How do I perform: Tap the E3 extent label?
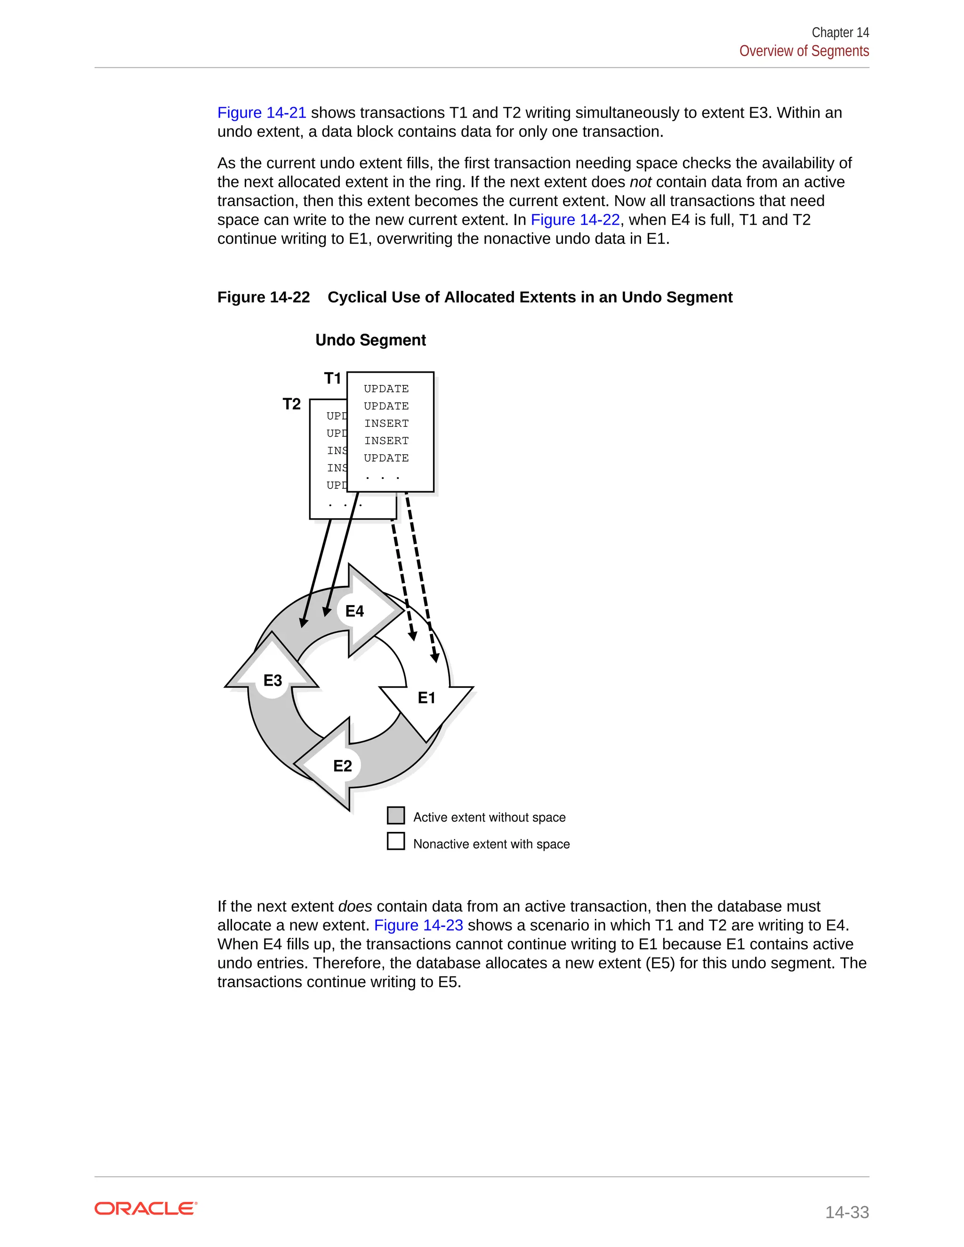pyautogui.click(x=273, y=680)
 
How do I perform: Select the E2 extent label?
pyautogui.click(x=342, y=766)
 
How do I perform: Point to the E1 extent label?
pyautogui.click(x=426, y=698)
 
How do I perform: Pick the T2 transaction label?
pyautogui.click(x=291, y=404)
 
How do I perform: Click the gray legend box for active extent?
pyautogui.click(x=396, y=815)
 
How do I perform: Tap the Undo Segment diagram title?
pyautogui.click(x=370, y=340)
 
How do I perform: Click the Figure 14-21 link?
pyautogui.click(x=262, y=112)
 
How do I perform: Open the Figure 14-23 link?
pyautogui.click(x=418, y=925)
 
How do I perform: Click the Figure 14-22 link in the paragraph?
pyautogui.click(x=575, y=220)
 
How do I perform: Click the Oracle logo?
pyautogui.click(x=145, y=1209)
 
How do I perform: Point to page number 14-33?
pyautogui.click(x=846, y=1212)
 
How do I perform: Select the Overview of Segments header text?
pyautogui.click(x=803, y=51)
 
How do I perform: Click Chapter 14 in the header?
pyautogui.click(x=840, y=32)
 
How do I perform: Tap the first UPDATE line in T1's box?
pyautogui.click(x=386, y=389)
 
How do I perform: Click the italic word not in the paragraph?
pyautogui.click(x=640, y=182)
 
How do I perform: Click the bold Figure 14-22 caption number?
pyautogui.click(x=263, y=297)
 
